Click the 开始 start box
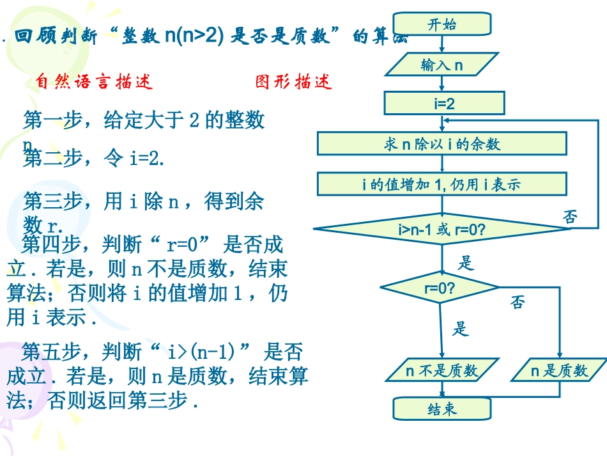point(442,25)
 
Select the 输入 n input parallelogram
point(442,64)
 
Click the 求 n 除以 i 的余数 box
point(442,144)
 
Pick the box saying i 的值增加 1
point(442,185)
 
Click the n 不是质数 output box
point(442,370)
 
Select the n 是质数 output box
point(559,370)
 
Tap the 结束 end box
point(442,409)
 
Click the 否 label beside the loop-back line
point(570,217)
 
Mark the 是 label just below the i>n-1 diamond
point(467,262)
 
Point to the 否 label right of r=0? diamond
point(518,302)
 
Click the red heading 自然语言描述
point(95,82)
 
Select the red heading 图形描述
point(294,82)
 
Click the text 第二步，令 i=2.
point(94,158)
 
